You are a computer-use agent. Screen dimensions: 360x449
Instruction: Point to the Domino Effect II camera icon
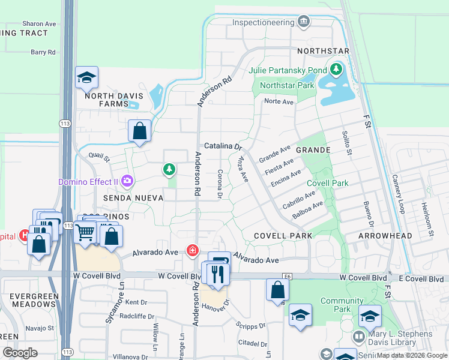point(127,181)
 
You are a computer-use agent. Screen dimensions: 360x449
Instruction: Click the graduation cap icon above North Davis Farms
point(87,77)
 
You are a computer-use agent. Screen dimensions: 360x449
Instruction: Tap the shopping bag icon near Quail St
point(139,130)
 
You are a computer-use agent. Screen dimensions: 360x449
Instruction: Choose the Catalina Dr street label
point(223,146)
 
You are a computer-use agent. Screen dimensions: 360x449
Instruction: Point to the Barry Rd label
point(43,52)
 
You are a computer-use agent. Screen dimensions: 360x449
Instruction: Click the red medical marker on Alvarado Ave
point(193,250)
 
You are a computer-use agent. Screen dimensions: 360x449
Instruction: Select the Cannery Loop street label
point(400,186)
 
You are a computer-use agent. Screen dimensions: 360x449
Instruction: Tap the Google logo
point(20,353)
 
